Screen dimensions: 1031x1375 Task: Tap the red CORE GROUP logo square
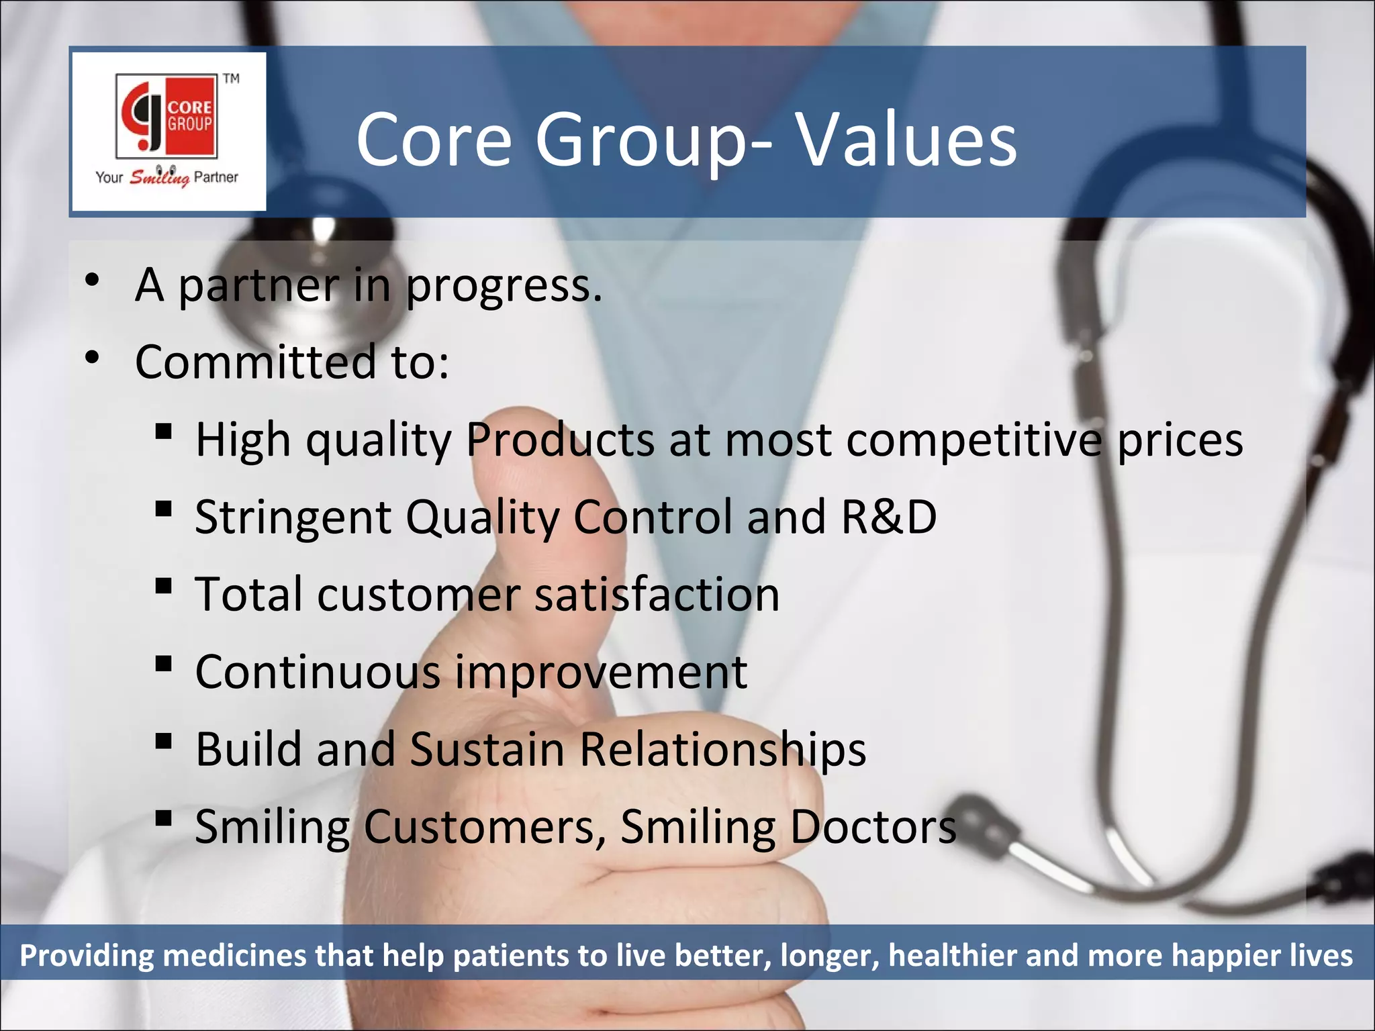point(167,115)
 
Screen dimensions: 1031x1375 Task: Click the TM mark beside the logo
point(232,79)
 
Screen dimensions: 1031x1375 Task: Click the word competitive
point(974,442)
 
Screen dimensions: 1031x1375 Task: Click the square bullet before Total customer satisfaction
point(163,586)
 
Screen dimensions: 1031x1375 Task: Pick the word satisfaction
point(656,595)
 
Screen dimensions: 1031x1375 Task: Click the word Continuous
point(318,672)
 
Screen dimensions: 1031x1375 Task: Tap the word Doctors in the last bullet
point(873,827)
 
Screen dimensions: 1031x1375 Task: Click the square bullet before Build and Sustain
point(163,741)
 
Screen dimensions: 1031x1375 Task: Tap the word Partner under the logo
point(216,177)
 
